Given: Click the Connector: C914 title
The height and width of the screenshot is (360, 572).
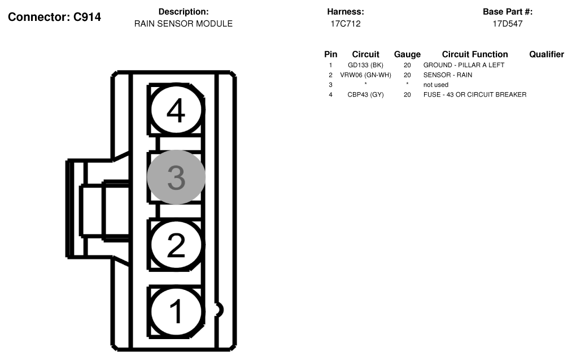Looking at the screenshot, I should [54, 18].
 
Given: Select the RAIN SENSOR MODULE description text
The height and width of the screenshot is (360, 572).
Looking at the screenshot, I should [183, 24].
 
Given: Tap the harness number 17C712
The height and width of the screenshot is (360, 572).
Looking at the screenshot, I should [345, 24].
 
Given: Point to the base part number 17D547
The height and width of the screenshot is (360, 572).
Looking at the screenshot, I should [507, 24].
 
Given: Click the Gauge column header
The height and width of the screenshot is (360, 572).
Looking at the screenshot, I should [407, 55].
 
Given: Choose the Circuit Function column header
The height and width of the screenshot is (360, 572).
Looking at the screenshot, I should [474, 55].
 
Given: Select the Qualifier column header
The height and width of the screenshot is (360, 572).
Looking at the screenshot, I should [546, 55].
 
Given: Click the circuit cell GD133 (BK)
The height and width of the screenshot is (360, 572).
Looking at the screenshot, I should [365, 65].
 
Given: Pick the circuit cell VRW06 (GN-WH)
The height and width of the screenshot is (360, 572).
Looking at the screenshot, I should [365, 75].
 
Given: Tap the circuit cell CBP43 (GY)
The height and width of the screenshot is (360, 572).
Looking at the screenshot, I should [365, 95].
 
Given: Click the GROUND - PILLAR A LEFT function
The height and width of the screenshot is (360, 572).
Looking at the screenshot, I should [464, 65].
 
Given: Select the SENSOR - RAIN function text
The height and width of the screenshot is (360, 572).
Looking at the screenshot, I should [448, 75].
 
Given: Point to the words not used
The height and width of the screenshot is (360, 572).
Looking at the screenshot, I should [435, 85].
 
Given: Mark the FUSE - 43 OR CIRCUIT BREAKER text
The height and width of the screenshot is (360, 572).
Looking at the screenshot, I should [474, 95].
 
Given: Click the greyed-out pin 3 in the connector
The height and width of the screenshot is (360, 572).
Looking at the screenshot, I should [176, 177].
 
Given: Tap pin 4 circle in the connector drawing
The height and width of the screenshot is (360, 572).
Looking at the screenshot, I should [176, 110].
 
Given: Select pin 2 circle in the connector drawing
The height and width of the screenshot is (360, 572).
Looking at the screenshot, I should [176, 245].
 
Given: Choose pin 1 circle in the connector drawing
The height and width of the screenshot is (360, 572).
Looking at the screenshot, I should [176, 311].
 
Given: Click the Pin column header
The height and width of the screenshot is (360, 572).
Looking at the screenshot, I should [330, 55].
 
